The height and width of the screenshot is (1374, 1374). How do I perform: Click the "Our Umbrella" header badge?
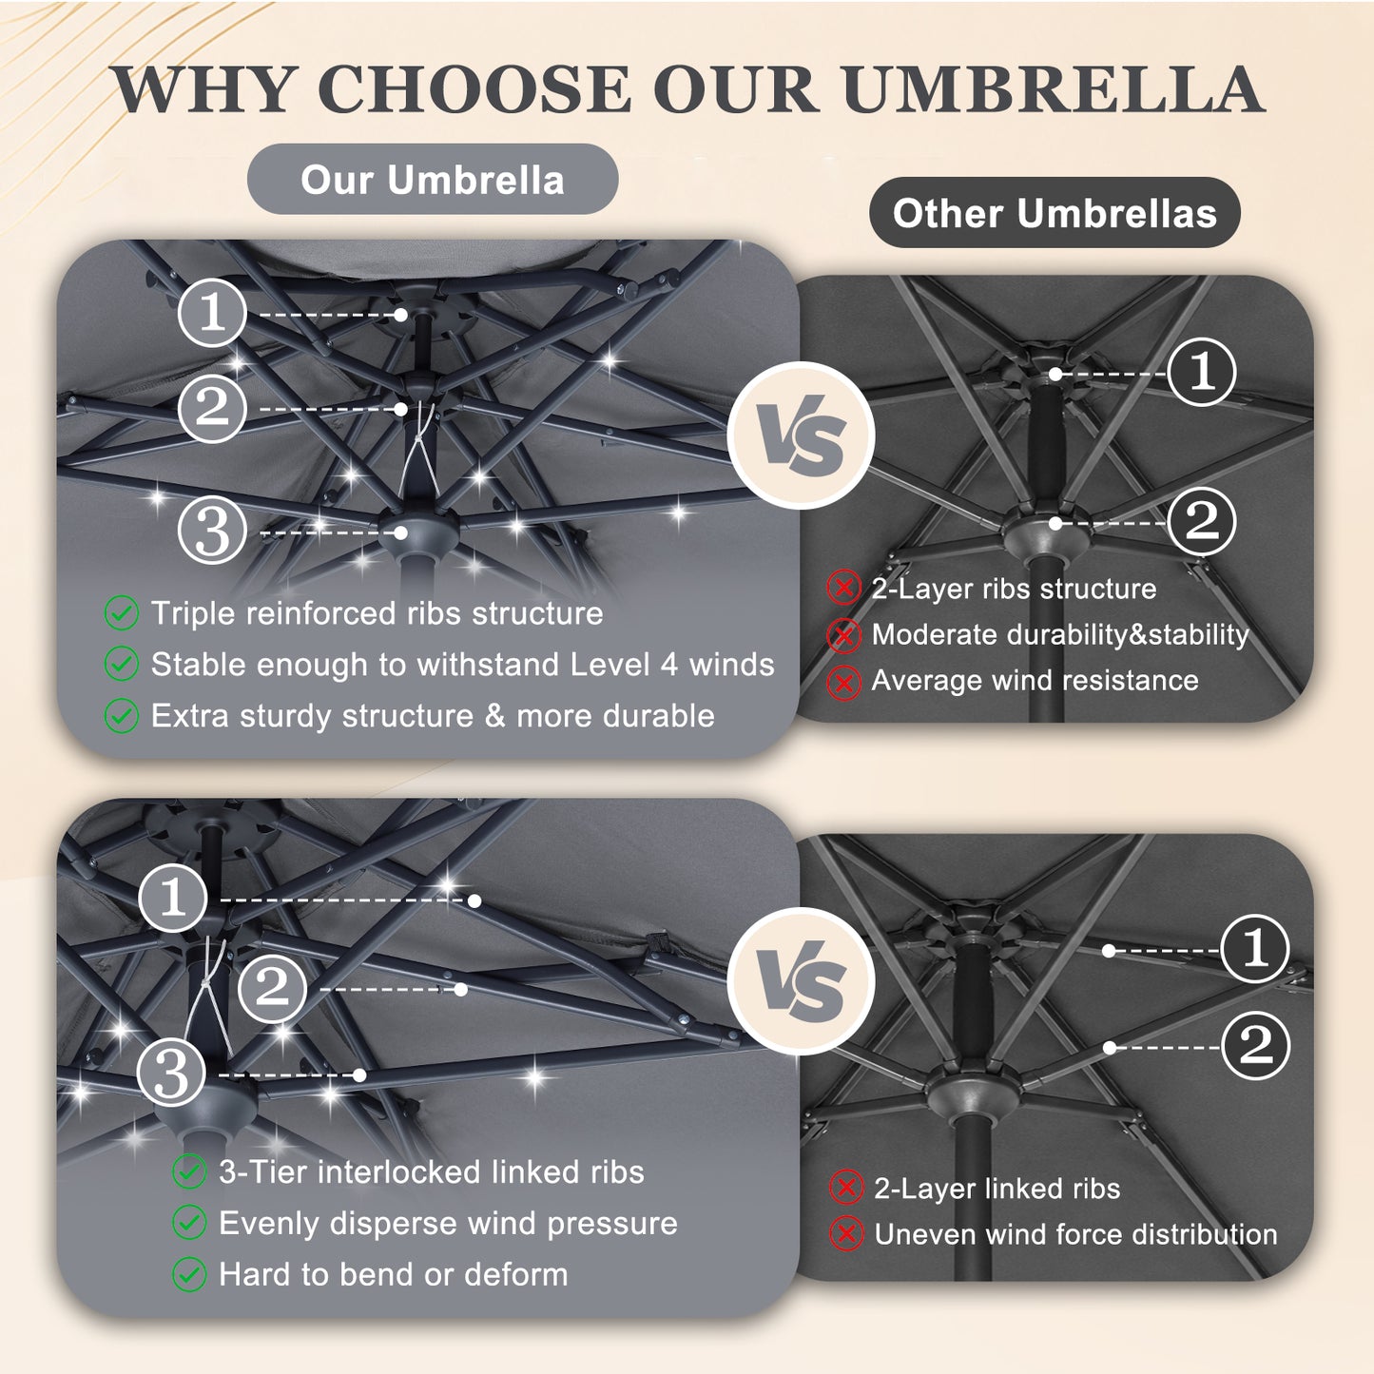tap(432, 179)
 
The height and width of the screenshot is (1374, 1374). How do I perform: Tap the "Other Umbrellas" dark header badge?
tap(1055, 212)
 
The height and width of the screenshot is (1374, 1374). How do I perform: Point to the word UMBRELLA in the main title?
tap(1054, 89)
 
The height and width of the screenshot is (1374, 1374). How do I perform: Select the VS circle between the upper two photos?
tap(801, 435)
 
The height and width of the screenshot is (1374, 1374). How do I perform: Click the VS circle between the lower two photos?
tap(801, 980)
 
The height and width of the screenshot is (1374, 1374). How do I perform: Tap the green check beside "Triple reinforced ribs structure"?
tap(121, 613)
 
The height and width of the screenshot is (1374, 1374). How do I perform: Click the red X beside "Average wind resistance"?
tap(843, 683)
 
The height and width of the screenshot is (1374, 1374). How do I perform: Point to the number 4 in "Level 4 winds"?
tap(668, 665)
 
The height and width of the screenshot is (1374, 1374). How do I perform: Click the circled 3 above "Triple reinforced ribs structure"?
tap(212, 531)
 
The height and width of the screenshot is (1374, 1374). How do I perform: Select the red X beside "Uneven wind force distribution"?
tap(846, 1233)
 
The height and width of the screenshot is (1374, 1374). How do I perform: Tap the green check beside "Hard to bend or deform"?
tap(189, 1274)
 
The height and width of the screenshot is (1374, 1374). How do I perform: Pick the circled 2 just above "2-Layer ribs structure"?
tap(1202, 521)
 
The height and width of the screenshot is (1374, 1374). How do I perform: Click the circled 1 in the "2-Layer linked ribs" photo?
tap(1255, 948)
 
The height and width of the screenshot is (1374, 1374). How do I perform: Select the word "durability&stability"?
tap(1128, 634)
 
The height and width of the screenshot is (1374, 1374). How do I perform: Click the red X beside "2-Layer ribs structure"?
tap(843, 589)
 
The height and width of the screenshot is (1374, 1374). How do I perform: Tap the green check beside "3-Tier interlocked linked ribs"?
tap(189, 1171)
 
